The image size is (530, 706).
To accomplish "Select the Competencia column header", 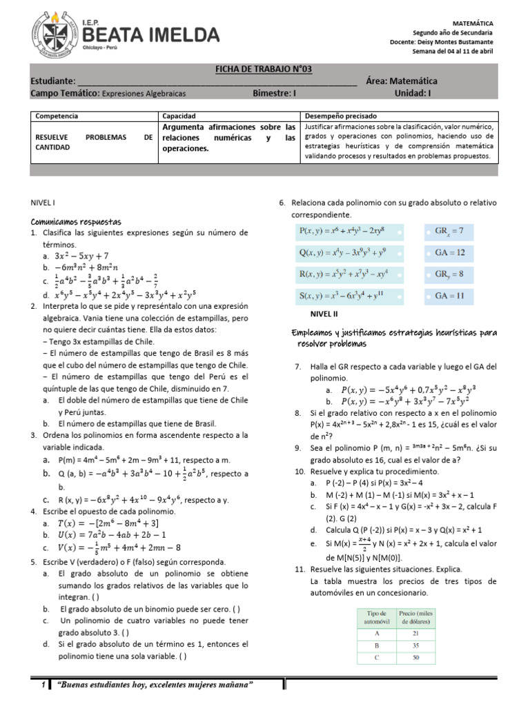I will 57,117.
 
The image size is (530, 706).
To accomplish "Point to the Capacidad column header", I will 179,117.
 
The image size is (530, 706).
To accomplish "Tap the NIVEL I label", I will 43,203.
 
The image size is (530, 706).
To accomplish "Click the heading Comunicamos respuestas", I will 76,222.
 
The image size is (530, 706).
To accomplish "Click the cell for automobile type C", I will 376,658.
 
